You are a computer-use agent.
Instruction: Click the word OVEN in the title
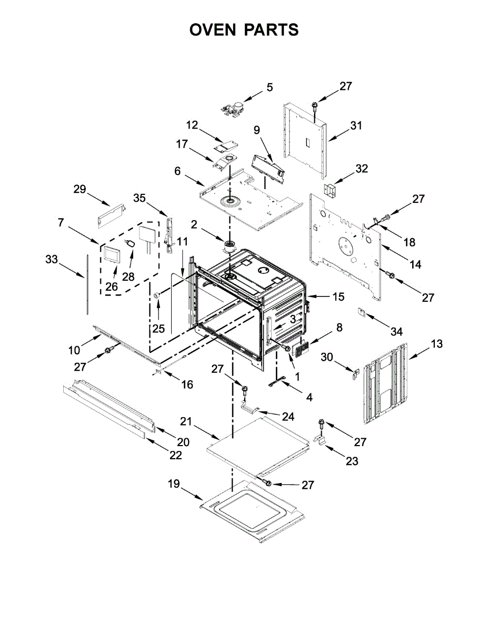pos(213,30)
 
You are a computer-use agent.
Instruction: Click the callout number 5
pos(270,87)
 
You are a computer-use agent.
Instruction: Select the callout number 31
pos(357,126)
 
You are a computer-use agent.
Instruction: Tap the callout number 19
pos(174,484)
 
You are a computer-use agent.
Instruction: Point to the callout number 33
pos(51,259)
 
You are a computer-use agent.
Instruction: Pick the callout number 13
pos(436,344)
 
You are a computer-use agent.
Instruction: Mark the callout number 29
pos(79,190)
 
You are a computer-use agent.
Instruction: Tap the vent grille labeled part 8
pos(301,348)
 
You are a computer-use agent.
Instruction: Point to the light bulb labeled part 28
pos(130,244)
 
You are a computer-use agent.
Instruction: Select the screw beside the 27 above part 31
pos(314,106)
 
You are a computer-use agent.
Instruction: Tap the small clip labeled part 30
pos(355,374)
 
